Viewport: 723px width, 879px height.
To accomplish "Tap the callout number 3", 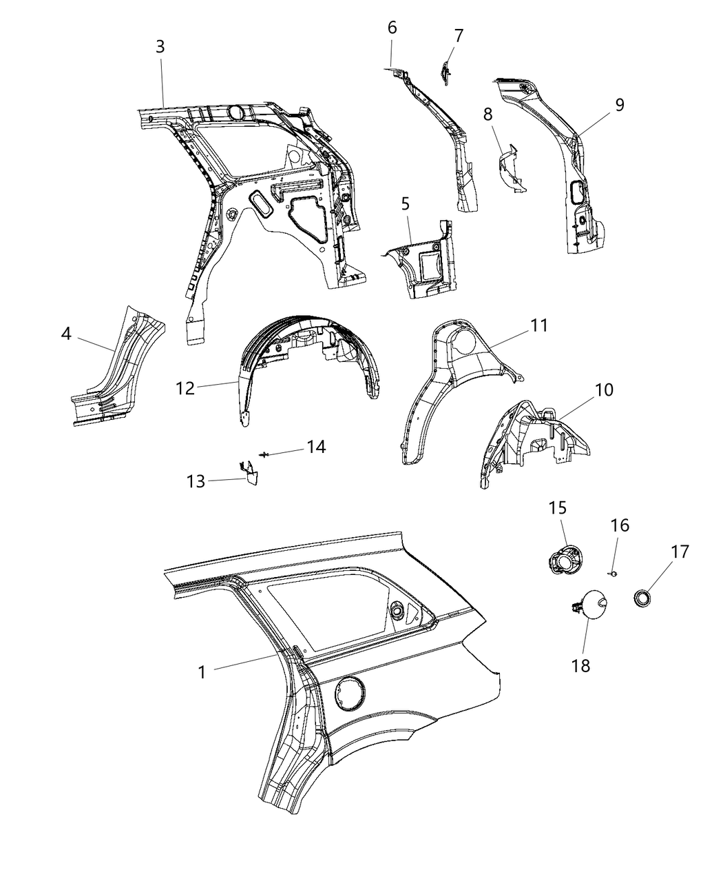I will (x=160, y=47).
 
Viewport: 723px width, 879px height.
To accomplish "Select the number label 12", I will (x=185, y=388).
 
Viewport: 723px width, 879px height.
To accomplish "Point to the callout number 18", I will (x=580, y=665).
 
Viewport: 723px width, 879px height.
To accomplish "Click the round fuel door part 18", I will (x=591, y=606).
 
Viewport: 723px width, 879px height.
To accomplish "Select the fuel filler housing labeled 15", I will (x=565, y=559).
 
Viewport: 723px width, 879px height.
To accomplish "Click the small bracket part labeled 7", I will (x=446, y=70).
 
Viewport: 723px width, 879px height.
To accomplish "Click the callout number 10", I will (x=604, y=390).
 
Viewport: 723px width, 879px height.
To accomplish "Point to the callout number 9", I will (x=620, y=105).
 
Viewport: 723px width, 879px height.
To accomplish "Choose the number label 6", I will (x=392, y=28).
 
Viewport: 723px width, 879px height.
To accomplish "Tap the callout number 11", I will (x=539, y=325).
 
